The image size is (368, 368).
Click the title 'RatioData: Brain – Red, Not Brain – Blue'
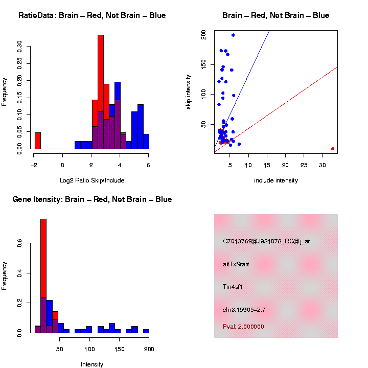[x=92, y=15]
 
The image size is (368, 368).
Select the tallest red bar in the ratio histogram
[x=101, y=92]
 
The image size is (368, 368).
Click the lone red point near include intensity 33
[x=333, y=149]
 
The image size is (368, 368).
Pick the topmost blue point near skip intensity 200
[x=233, y=35]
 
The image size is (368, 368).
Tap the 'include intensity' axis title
[x=276, y=180]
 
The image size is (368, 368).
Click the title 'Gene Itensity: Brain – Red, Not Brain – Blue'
[x=92, y=199]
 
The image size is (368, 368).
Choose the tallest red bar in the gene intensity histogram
[x=43, y=276]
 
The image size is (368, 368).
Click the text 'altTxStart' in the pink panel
[x=236, y=264]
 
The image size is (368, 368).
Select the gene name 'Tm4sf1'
[x=233, y=287]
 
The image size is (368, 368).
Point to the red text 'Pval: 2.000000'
[x=243, y=327]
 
